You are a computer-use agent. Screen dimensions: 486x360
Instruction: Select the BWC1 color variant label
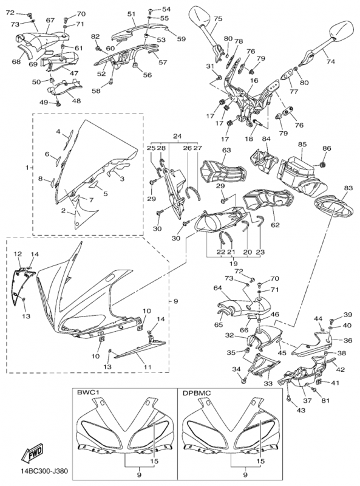(88, 393)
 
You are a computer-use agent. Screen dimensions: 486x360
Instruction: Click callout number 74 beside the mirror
(330, 61)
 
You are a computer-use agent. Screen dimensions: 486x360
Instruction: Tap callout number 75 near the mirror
(217, 19)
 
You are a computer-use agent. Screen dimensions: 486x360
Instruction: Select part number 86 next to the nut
(327, 149)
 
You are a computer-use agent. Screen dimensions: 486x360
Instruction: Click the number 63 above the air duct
(226, 150)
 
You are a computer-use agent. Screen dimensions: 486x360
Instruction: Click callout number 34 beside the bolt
(236, 369)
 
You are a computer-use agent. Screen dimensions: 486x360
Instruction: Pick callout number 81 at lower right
(325, 400)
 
